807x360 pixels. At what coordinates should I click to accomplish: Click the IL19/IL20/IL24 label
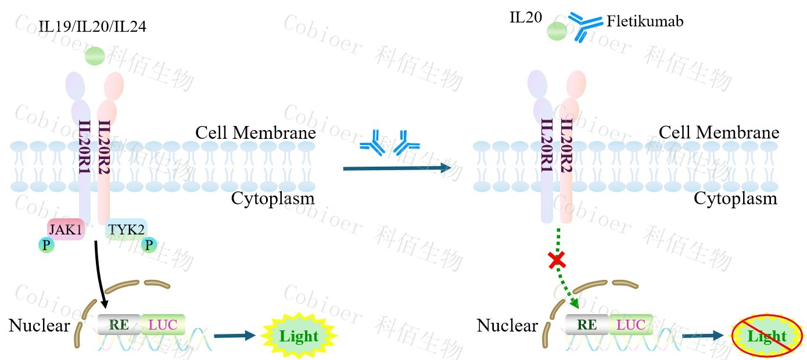(x=92, y=26)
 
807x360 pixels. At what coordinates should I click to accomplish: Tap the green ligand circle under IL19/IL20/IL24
(x=95, y=56)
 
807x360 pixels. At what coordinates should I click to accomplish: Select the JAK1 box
(x=66, y=230)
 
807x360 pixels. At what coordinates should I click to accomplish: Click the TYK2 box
(x=126, y=230)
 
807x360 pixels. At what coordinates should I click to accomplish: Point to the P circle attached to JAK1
(x=46, y=246)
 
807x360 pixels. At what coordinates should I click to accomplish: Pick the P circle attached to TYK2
(x=150, y=246)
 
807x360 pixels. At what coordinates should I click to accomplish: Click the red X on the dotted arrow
(x=557, y=260)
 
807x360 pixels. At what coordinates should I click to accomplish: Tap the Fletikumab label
(x=645, y=22)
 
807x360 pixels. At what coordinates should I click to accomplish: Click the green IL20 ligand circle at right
(x=557, y=32)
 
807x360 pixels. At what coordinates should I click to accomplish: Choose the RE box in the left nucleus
(x=119, y=324)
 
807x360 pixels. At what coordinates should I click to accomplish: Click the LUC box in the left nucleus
(x=163, y=324)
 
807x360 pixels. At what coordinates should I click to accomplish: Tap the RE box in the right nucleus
(x=587, y=325)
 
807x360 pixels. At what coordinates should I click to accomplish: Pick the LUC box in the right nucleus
(x=630, y=325)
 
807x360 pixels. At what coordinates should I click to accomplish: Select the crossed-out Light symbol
(x=767, y=336)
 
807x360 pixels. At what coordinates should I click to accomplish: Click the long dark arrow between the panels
(x=397, y=168)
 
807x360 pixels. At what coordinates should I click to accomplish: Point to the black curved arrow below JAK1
(x=99, y=273)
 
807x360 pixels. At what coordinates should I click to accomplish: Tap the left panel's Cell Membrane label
(x=256, y=132)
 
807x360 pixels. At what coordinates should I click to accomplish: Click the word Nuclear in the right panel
(x=507, y=326)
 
